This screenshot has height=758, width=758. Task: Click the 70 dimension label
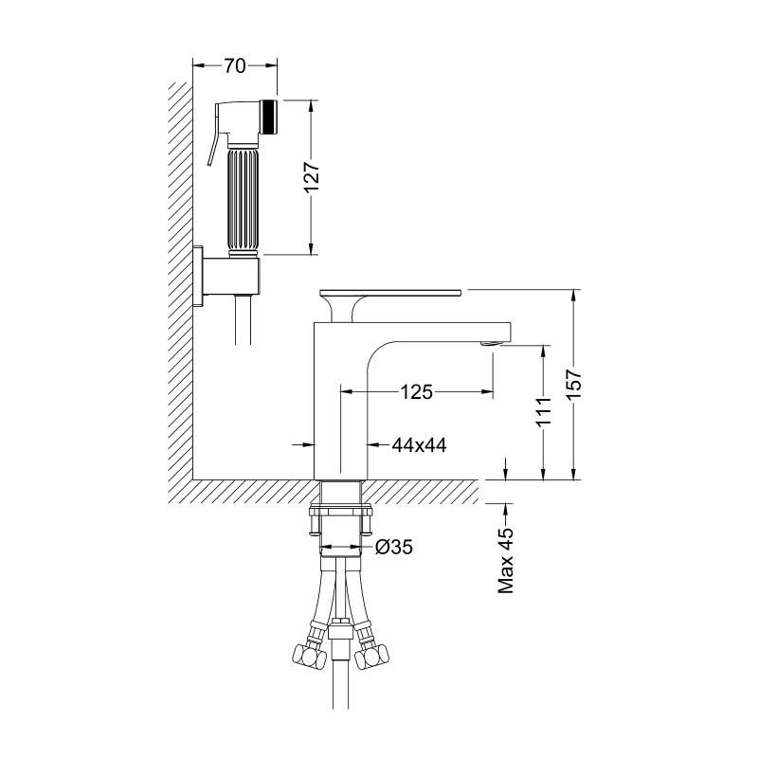(234, 65)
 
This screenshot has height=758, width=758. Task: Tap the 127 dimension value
(312, 177)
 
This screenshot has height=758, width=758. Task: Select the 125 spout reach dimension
(416, 392)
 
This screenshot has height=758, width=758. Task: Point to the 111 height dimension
(544, 411)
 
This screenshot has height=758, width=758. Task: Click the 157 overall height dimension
(573, 385)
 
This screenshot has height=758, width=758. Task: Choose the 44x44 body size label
(419, 444)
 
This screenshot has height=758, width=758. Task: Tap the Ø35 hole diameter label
(394, 548)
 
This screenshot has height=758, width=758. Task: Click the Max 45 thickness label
(506, 560)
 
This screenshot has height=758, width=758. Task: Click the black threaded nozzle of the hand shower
(269, 117)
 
